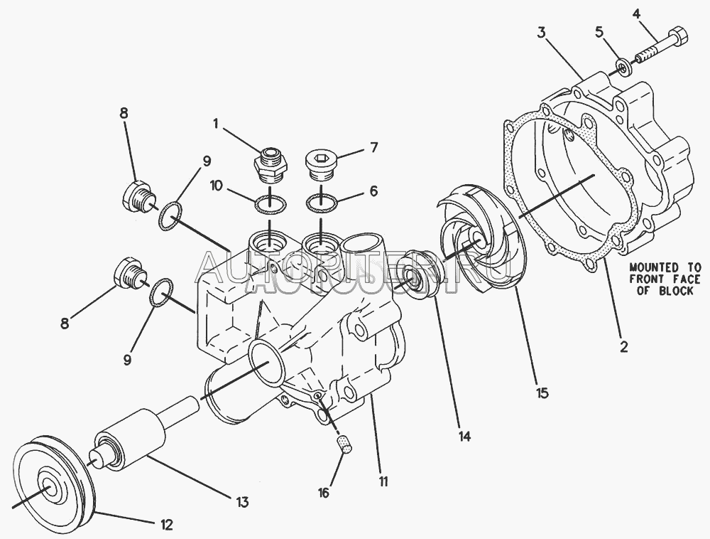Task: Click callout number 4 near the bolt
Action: click(x=636, y=12)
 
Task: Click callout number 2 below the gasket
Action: click(x=623, y=347)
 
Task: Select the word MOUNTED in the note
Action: click(x=653, y=268)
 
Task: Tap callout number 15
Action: click(x=542, y=391)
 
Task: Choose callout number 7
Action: click(x=373, y=148)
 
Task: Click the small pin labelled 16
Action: click(x=344, y=445)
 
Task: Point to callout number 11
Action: click(x=383, y=481)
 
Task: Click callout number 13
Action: click(x=242, y=503)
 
